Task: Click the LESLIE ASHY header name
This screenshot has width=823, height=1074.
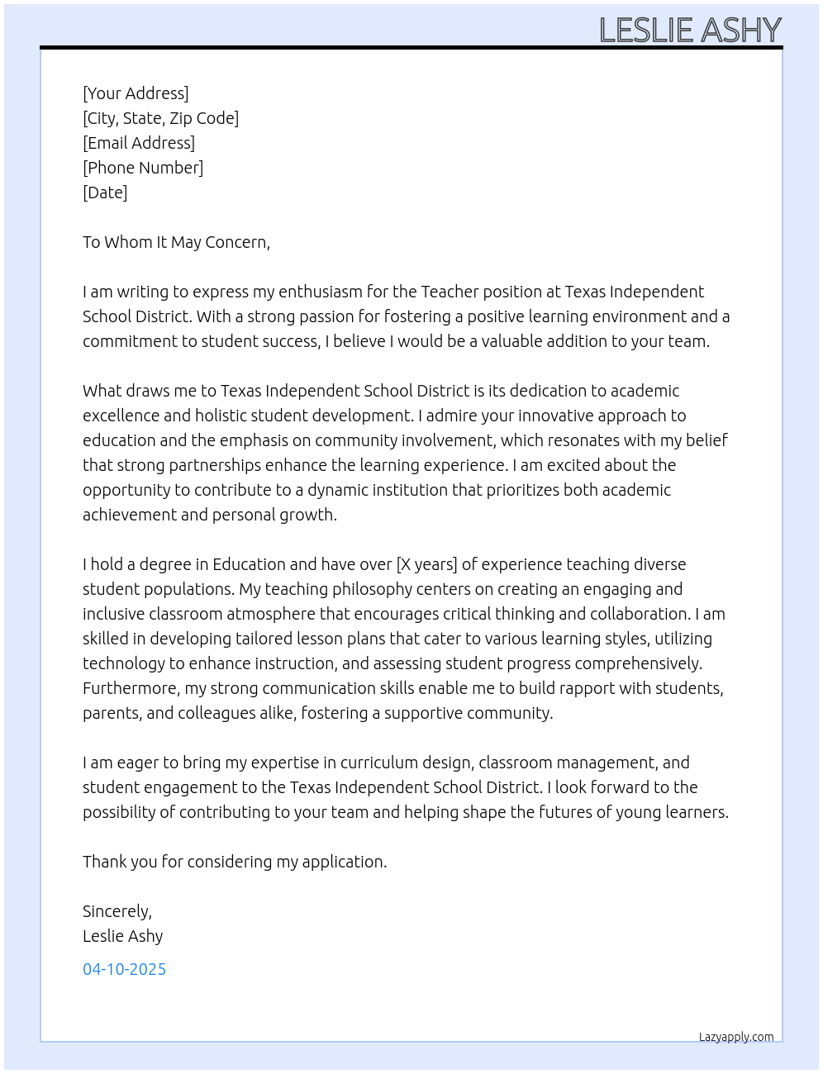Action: pyautogui.click(x=690, y=31)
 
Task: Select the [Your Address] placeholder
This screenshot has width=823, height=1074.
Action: pyautogui.click(x=136, y=93)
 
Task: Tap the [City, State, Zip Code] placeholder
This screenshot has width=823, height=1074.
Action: pyautogui.click(x=160, y=118)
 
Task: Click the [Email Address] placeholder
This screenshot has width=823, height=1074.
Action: pyautogui.click(x=139, y=143)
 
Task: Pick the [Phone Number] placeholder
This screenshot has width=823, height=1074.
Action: pyautogui.click(x=143, y=168)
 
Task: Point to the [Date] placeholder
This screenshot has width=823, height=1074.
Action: pyautogui.click(x=105, y=192)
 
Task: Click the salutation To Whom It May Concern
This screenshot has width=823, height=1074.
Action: pyautogui.click(x=176, y=242)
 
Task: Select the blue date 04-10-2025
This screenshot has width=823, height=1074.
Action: pyautogui.click(x=124, y=969)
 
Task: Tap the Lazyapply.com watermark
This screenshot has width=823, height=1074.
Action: pyautogui.click(x=736, y=1037)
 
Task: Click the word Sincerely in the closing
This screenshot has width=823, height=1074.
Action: pyautogui.click(x=117, y=911)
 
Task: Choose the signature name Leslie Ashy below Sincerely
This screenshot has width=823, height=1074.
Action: pyautogui.click(x=122, y=936)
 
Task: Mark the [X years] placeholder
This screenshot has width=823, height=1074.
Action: pyautogui.click(x=426, y=564)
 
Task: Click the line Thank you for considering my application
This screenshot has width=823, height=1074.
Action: pyautogui.click(x=235, y=862)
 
